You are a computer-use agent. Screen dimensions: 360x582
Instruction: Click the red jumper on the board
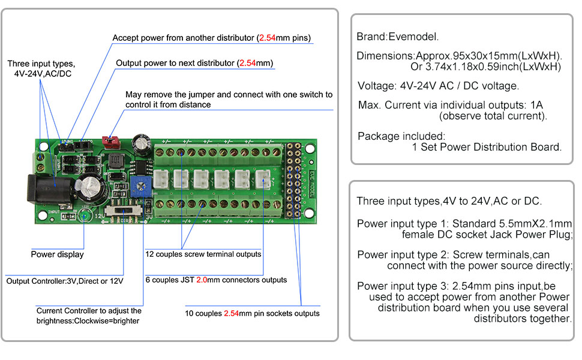[x=110, y=142]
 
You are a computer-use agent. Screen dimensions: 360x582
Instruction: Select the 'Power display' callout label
[x=57, y=254]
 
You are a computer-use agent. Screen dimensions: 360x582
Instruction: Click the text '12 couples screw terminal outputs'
[x=203, y=254]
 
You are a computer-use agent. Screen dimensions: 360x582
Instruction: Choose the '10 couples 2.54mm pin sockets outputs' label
[x=252, y=313]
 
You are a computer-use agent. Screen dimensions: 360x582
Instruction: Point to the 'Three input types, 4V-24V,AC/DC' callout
[x=41, y=68]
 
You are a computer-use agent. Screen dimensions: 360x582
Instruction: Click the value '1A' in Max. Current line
[x=536, y=105]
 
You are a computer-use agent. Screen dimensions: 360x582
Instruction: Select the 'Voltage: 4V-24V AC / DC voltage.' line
[x=438, y=85]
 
